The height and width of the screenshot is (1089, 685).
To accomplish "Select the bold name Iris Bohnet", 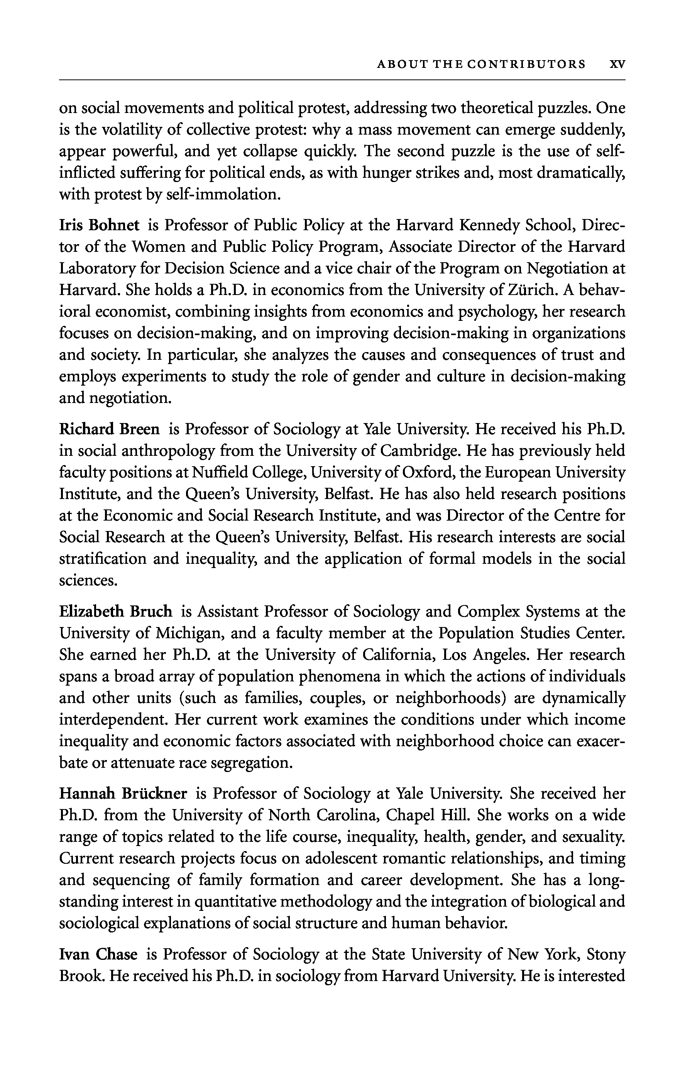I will click(99, 225).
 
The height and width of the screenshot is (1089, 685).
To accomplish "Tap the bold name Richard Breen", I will click(110, 429).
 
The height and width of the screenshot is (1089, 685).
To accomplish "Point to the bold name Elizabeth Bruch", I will click(116, 612).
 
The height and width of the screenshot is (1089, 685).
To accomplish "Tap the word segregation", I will click(250, 763).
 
